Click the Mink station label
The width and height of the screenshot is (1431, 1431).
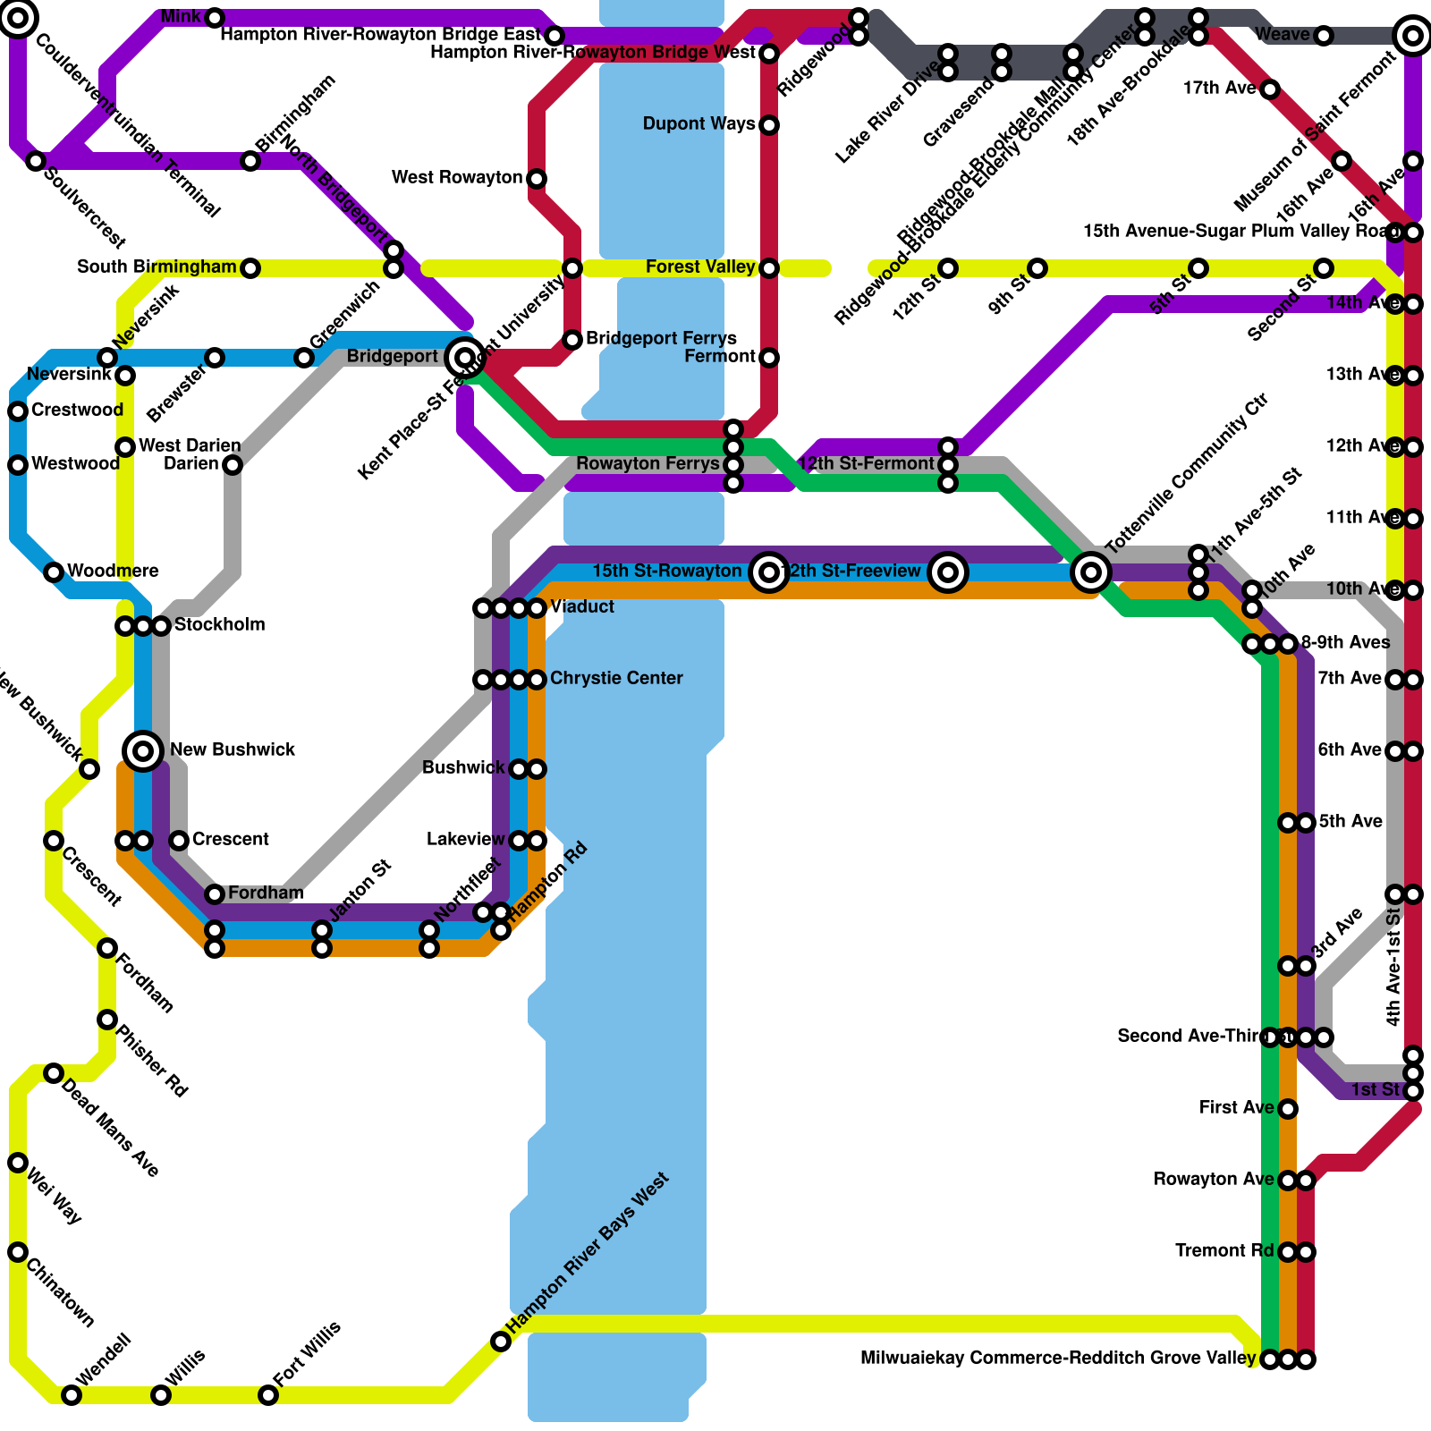(182, 17)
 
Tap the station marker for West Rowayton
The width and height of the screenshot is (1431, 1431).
(537, 179)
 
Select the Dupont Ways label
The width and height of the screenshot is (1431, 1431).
(699, 124)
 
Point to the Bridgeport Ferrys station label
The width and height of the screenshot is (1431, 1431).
(661, 339)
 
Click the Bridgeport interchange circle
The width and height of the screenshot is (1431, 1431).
(464, 358)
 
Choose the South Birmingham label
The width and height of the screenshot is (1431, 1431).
(157, 267)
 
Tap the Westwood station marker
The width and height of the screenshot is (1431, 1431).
(18, 465)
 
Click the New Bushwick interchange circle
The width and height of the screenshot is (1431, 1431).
(143, 750)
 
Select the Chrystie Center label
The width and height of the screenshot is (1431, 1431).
(616, 679)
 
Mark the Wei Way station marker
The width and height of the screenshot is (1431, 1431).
(18, 1163)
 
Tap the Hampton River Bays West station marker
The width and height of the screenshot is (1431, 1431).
(501, 1342)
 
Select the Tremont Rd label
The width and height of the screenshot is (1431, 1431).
(1224, 1251)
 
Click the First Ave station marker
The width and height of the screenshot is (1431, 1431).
(1288, 1109)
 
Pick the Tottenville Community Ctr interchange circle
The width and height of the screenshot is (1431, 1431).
(1091, 572)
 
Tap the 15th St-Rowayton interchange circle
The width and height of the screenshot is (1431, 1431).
(769, 572)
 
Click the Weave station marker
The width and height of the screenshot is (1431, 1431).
(1324, 36)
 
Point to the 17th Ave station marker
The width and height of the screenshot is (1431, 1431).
(1270, 89)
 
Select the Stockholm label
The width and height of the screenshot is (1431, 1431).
(219, 625)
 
